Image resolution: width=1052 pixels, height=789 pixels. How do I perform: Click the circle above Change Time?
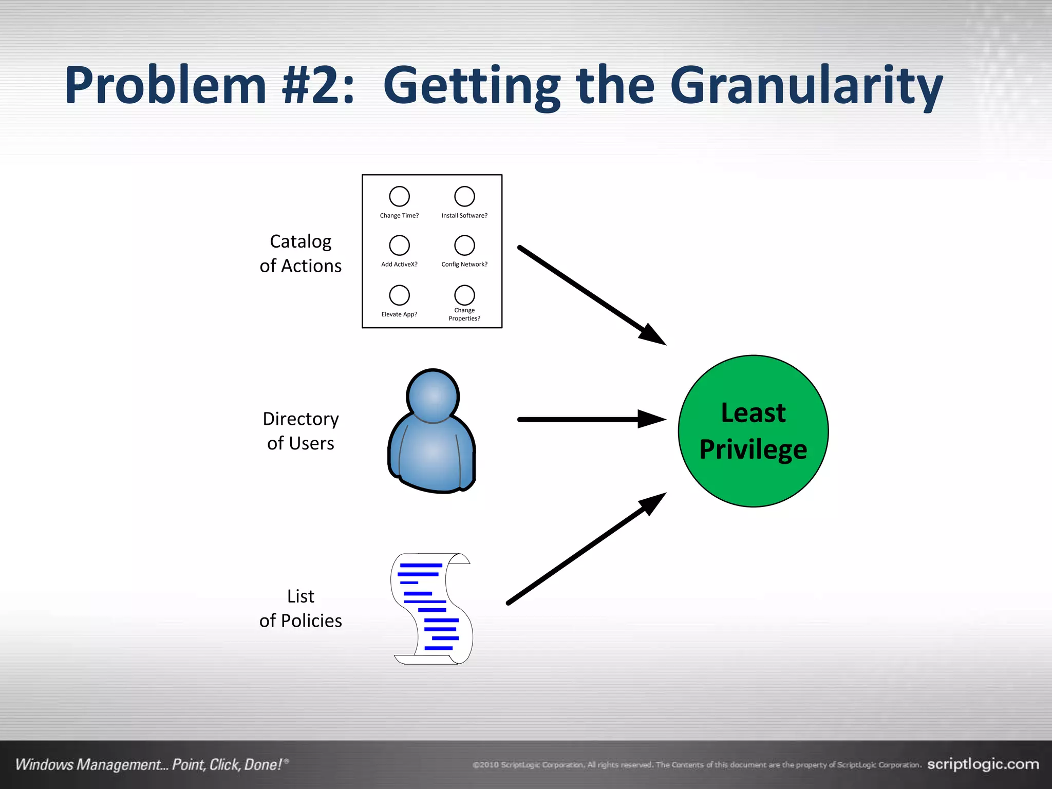[x=399, y=196]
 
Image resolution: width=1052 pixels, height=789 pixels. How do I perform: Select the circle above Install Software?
[x=464, y=196]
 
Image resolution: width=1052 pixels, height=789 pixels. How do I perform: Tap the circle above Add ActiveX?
[x=399, y=246]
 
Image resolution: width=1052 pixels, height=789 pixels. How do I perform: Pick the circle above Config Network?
[x=464, y=246]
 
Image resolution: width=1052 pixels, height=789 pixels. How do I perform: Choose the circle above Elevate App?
[x=399, y=295]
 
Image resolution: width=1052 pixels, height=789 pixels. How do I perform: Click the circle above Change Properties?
[x=464, y=295]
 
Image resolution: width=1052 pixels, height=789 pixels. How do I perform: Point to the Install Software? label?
[x=464, y=216]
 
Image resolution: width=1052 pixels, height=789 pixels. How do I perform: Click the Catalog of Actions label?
[x=300, y=254]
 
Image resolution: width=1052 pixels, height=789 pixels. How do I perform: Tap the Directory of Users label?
[x=300, y=431]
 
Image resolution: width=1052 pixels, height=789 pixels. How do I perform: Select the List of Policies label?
[x=300, y=609]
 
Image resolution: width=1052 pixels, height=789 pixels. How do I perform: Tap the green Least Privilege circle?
[x=753, y=431]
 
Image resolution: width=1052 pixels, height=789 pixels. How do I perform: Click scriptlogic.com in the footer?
[x=983, y=764]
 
